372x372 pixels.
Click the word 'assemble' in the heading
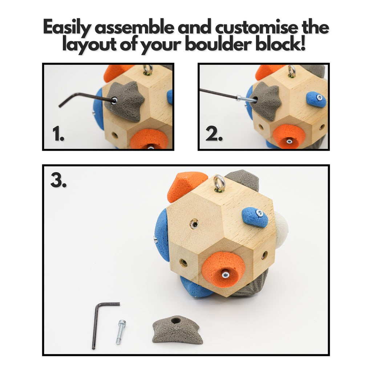134,27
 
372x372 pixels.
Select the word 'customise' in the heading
256,27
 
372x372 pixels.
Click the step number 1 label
58,134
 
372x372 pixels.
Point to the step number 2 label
214,134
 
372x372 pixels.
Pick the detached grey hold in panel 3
177,329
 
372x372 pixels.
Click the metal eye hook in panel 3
219,183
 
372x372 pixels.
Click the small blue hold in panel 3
255,217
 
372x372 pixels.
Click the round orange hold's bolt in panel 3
225,275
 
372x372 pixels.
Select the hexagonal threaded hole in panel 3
194,224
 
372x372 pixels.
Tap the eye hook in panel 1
148,70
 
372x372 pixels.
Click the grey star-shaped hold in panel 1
125,101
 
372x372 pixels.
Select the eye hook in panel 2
292,71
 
